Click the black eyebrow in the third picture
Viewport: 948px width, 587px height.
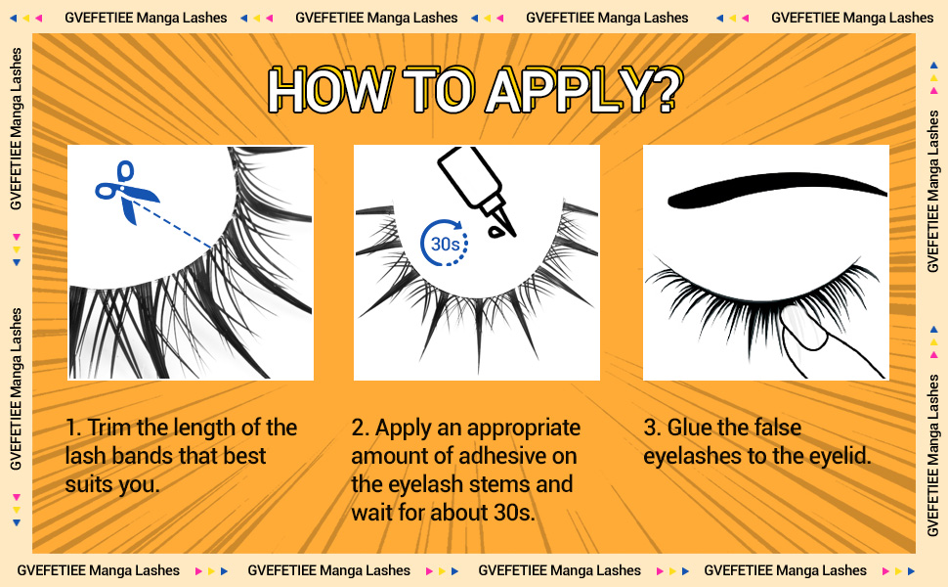(772, 190)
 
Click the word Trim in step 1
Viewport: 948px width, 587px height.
(112, 429)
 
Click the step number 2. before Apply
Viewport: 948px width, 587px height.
(361, 429)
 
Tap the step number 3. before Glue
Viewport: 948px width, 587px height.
(652, 429)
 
